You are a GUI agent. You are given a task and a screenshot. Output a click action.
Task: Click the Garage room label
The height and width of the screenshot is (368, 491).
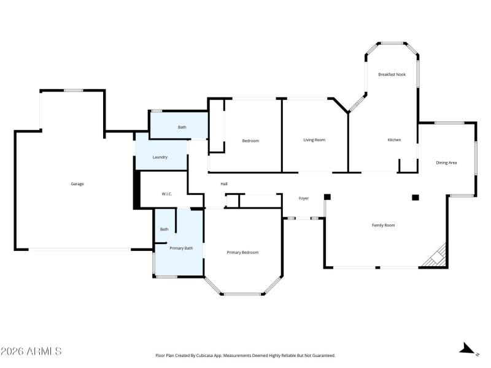tap(77, 184)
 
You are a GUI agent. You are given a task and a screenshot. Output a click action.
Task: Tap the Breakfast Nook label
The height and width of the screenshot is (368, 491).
tap(392, 74)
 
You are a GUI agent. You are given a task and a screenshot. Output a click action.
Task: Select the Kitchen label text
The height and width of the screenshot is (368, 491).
tap(394, 140)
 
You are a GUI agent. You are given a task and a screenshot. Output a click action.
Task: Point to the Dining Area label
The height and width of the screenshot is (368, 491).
tap(446, 163)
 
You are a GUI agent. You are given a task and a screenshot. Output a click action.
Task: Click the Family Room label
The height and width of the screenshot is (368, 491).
tap(383, 225)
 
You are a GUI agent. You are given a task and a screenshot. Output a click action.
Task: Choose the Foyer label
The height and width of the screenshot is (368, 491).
tap(303, 198)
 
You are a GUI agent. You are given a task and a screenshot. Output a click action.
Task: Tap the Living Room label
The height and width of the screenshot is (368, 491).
tap(314, 140)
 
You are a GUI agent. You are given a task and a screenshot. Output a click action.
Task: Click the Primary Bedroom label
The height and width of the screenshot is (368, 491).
tap(242, 252)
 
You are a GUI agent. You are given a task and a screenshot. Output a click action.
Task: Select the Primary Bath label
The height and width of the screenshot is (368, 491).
tap(182, 248)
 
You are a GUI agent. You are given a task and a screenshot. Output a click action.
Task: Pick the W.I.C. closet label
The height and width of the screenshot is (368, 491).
tap(167, 194)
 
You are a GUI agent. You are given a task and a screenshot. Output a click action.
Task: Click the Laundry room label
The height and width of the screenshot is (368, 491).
tap(160, 158)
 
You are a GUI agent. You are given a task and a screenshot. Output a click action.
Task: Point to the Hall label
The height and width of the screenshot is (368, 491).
tap(225, 183)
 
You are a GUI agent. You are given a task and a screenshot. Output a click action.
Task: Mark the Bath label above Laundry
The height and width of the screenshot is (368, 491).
tap(182, 127)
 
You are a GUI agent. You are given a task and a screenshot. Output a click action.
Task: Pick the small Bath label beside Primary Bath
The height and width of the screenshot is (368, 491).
tap(164, 229)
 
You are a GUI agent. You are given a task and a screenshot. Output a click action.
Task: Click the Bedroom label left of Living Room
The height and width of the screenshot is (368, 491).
tap(250, 141)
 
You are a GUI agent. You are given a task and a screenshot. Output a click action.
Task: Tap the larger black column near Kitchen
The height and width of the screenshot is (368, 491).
tap(416, 197)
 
